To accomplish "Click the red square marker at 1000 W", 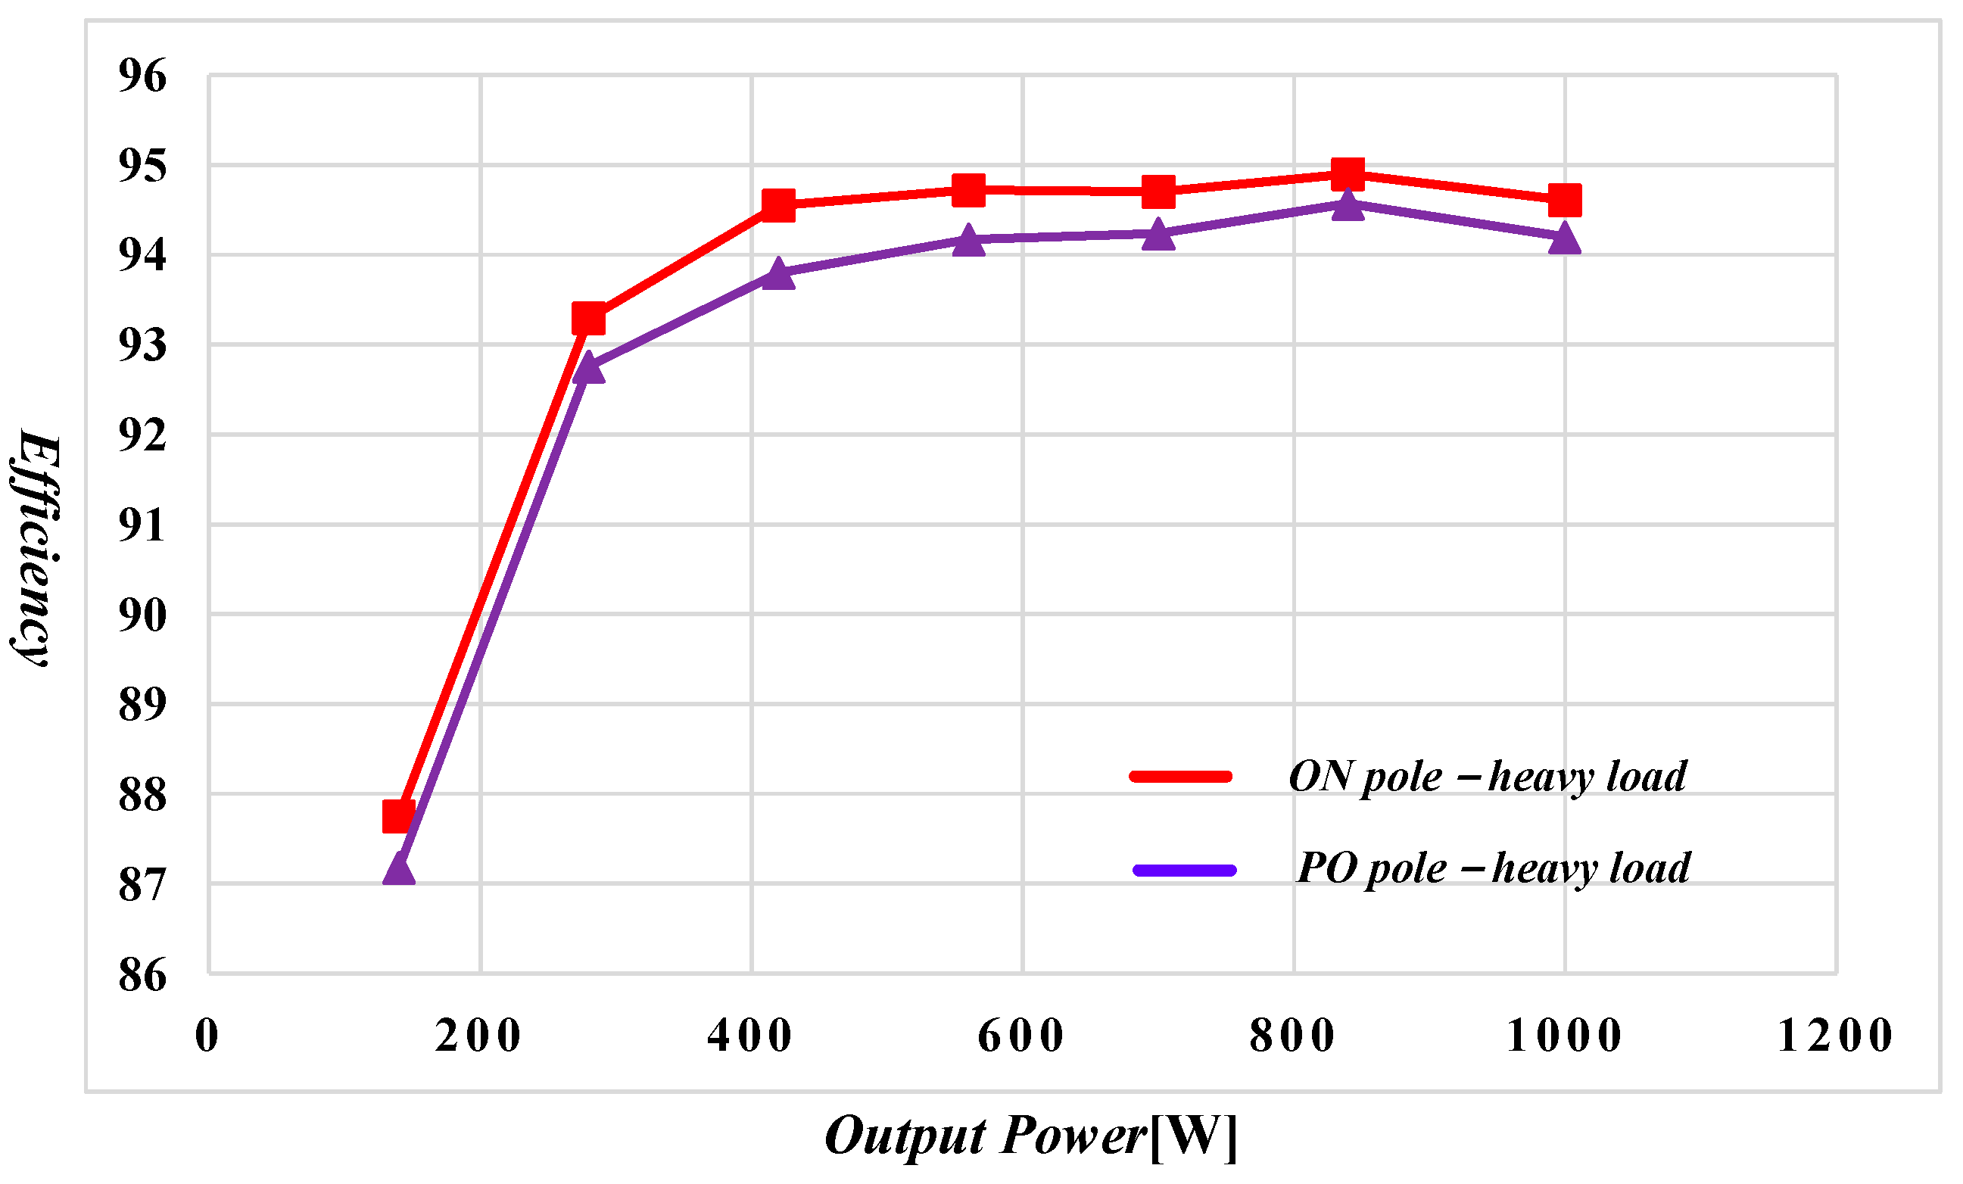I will coord(1565,200).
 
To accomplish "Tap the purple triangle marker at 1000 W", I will coord(1565,238).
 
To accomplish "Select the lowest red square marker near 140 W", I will coord(398,817).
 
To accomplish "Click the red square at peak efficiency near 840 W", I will coord(1348,173).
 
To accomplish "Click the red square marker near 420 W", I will coord(778,204).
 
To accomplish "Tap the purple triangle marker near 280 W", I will coord(589,368).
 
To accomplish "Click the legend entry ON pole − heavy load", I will coord(1488,776).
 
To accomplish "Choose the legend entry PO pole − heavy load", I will coord(1493,868).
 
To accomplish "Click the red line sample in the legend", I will coord(1181,776).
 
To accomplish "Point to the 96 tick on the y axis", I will coord(142,76).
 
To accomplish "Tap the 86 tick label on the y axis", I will coord(142,974).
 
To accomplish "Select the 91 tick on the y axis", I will coord(142,525).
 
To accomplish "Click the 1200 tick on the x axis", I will coord(1836,1036).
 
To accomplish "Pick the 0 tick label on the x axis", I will coord(207,1036).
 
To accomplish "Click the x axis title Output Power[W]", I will coord(1031,1136).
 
